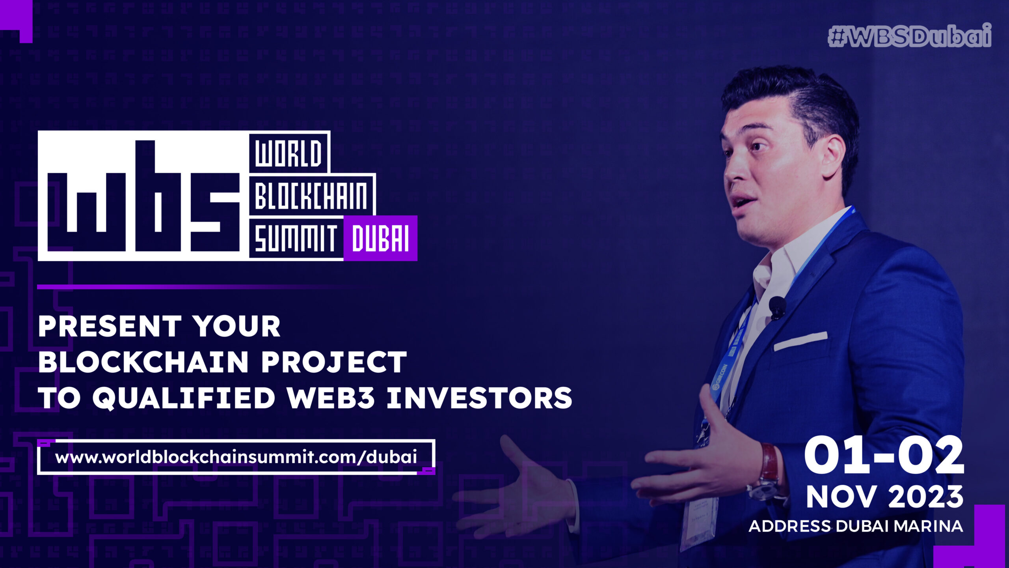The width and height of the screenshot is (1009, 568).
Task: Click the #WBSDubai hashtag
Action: pos(910,36)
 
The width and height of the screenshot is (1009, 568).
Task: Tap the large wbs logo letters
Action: pos(143,196)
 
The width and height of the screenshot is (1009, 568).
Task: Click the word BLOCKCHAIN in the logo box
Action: pos(311,196)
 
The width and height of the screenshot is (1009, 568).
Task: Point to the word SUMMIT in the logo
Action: pos(296,239)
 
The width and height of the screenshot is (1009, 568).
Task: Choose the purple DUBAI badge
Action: pos(380,238)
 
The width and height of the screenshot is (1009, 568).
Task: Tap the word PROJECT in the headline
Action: pos(334,362)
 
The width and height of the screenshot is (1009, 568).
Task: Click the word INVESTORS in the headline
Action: pos(479,398)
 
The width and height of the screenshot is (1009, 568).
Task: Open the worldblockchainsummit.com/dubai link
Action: pos(236,457)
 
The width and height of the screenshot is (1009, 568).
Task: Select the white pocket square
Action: pos(800,341)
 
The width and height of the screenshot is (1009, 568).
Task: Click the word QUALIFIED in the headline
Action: pos(184,398)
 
